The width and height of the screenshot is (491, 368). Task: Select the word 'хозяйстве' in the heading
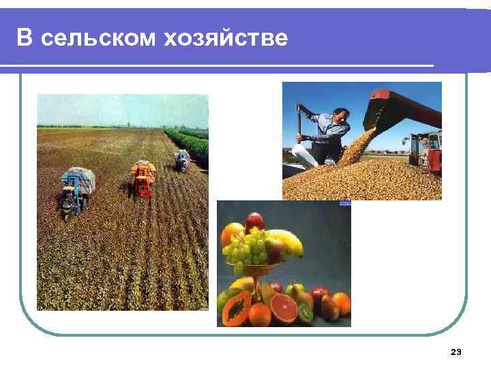pyautogui.click(x=226, y=39)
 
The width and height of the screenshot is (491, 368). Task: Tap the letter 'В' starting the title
pyautogui.click(x=25, y=39)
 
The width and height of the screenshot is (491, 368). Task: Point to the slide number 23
pyautogui.click(x=456, y=352)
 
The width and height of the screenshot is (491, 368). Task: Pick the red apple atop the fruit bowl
pyautogui.click(x=255, y=220)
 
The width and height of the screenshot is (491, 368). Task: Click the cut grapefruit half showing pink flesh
pyautogui.click(x=283, y=308)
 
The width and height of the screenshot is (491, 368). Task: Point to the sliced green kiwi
pyautogui.click(x=306, y=314)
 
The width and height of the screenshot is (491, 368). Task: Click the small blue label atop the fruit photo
pyautogui.click(x=344, y=202)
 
